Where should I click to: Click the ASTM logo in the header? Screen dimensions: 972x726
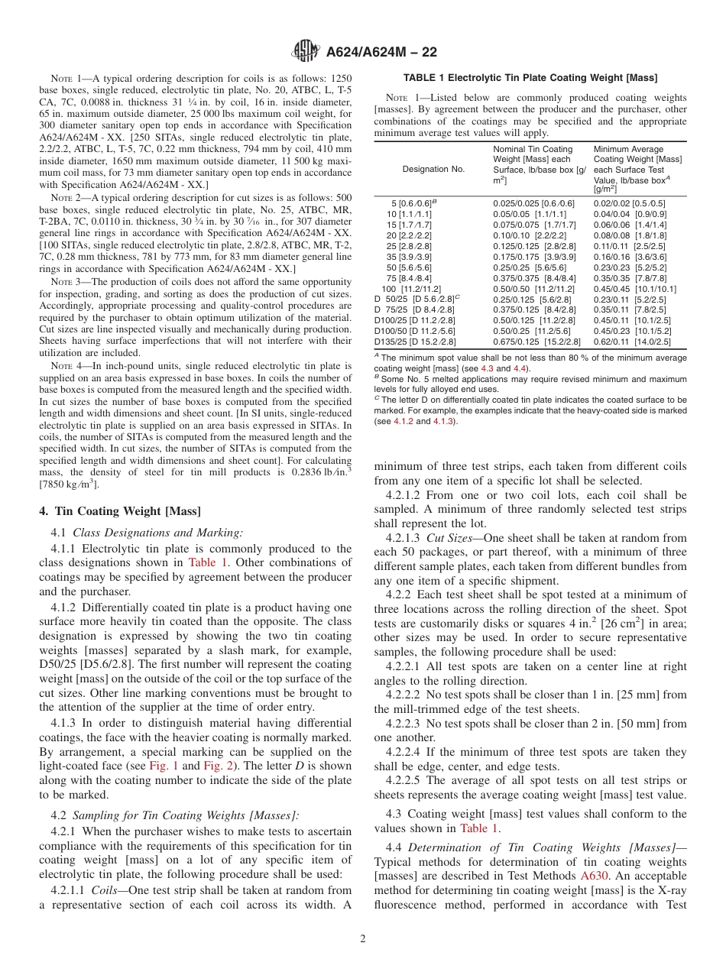306,52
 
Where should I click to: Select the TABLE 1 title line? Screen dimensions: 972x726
530,77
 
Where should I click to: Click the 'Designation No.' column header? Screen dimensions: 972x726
433,169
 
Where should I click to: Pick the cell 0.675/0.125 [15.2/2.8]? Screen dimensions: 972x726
536,342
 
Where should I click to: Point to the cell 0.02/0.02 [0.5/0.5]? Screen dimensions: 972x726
629,203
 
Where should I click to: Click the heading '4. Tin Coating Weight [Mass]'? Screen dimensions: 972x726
120,511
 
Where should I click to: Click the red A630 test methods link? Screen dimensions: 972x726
595,876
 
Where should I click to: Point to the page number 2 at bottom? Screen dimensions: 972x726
363,939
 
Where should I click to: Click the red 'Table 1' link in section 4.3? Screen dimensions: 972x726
478,828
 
